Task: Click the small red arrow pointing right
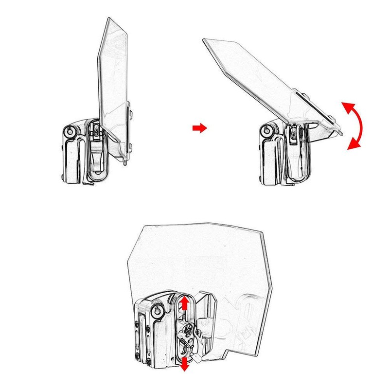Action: tap(199, 127)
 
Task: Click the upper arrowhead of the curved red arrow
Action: tap(345, 106)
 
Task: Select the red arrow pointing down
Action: tap(185, 365)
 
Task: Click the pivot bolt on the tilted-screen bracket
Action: tap(266, 131)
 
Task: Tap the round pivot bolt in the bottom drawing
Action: tap(158, 311)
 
